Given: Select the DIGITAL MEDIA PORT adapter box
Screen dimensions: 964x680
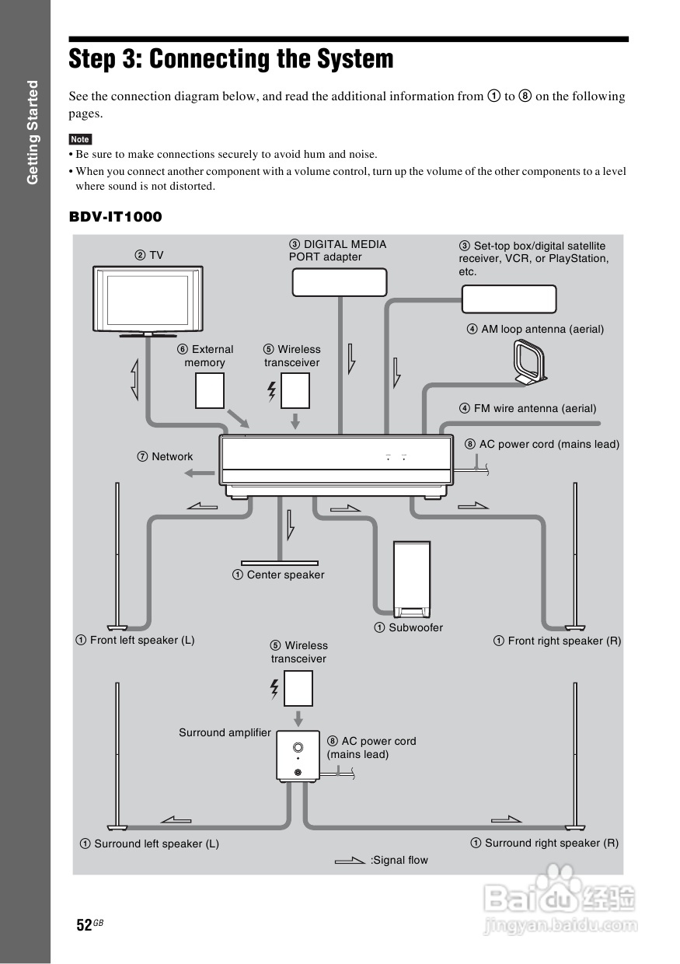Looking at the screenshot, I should click(340, 282).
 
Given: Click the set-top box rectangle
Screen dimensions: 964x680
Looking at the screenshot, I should click(509, 299).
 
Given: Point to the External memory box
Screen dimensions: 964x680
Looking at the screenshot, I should click(210, 390).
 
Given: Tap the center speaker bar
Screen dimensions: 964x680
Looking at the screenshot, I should click(279, 562).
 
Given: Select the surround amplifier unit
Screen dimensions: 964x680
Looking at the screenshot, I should click(298, 756).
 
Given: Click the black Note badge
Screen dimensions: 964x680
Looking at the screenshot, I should click(80, 139).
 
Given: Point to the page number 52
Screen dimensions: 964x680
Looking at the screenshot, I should click(84, 924).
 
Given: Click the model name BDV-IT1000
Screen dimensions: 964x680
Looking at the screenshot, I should click(116, 217).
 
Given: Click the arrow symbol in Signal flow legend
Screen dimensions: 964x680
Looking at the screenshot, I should click(349, 860).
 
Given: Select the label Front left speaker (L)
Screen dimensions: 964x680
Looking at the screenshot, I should click(135, 641).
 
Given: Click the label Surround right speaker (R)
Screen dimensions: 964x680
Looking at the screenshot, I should click(545, 843).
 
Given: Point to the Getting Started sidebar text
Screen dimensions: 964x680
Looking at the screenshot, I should click(33, 132).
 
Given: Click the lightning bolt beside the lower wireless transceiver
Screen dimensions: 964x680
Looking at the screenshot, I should click(274, 689).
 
